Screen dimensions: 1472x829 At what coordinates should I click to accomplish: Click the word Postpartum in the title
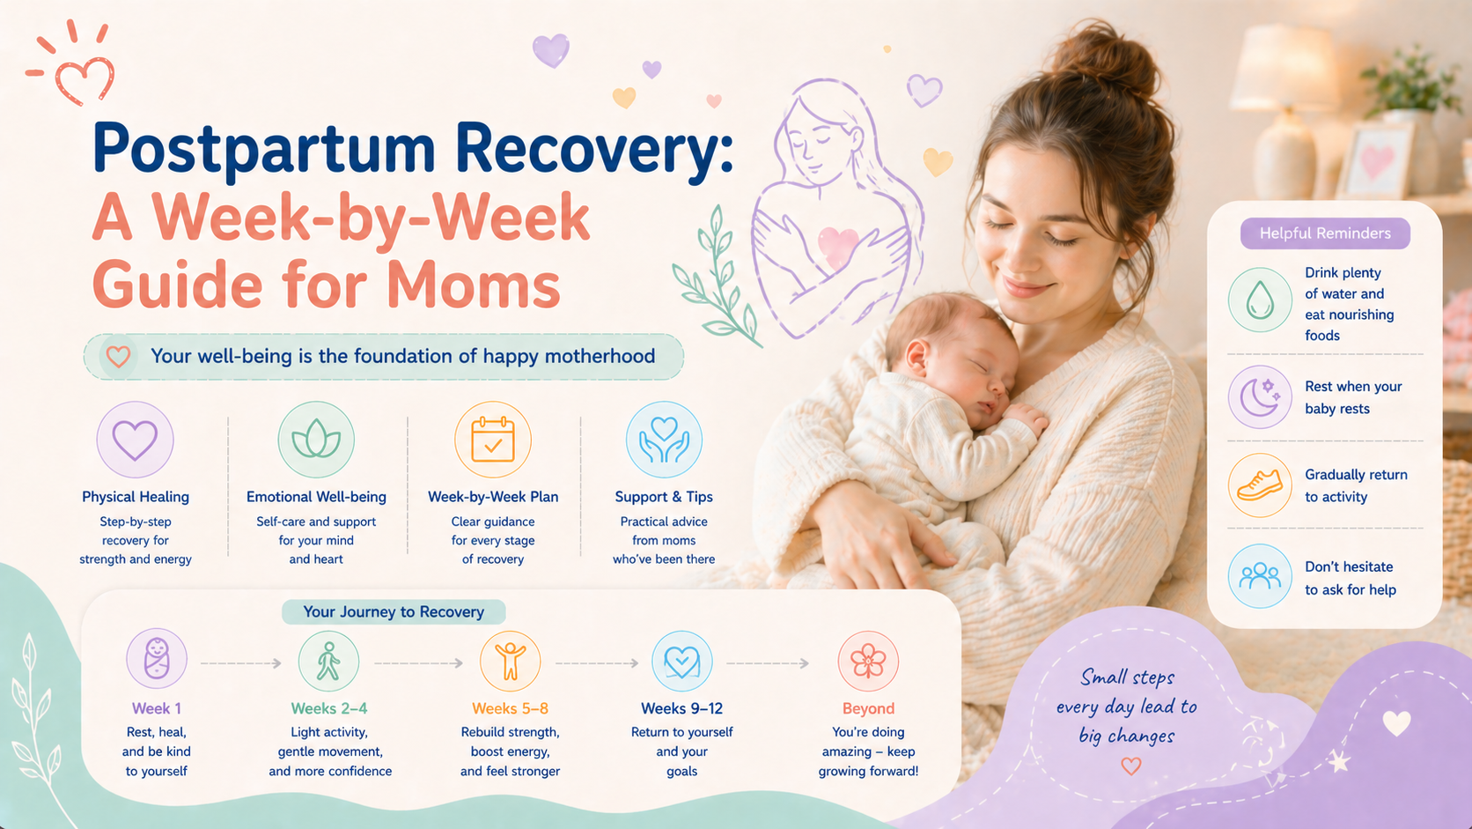pyautogui.click(x=264, y=149)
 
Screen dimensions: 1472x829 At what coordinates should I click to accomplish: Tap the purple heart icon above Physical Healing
pyautogui.click(x=136, y=439)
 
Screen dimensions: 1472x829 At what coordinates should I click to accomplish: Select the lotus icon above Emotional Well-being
pyautogui.click(x=316, y=439)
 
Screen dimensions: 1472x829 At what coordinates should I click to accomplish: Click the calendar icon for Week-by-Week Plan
pyautogui.click(x=493, y=439)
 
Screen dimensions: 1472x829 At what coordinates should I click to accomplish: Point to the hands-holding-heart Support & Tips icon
pyautogui.click(x=664, y=439)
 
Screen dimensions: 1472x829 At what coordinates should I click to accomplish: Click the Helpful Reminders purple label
pyautogui.click(x=1325, y=233)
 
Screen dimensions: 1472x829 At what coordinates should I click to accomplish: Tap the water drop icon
pyautogui.click(x=1260, y=300)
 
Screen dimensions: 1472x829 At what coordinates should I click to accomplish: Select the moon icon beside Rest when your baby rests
pyautogui.click(x=1260, y=397)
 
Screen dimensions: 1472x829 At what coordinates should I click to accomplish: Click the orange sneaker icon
pyautogui.click(x=1260, y=485)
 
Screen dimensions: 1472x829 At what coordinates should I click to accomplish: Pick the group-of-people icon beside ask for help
pyautogui.click(x=1260, y=576)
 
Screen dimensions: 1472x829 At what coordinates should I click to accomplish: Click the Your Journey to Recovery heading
pyautogui.click(x=394, y=612)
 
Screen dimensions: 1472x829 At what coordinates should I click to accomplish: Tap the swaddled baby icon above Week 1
pyautogui.click(x=157, y=659)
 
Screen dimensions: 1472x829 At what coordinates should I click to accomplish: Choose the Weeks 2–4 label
pyautogui.click(x=329, y=708)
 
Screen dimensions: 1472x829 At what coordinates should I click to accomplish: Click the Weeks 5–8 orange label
pyautogui.click(x=510, y=708)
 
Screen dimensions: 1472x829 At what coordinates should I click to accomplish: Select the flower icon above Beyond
pyautogui.click(x=868, y=662)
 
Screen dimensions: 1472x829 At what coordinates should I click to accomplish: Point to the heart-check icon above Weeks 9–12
pyautogui.click(x=682, y=662)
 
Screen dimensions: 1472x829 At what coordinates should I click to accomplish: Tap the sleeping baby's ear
pyautogui.click(x=917, y=359)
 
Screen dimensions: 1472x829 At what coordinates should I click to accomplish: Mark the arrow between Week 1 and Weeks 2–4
pyautogui.click(x=241, y=663)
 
